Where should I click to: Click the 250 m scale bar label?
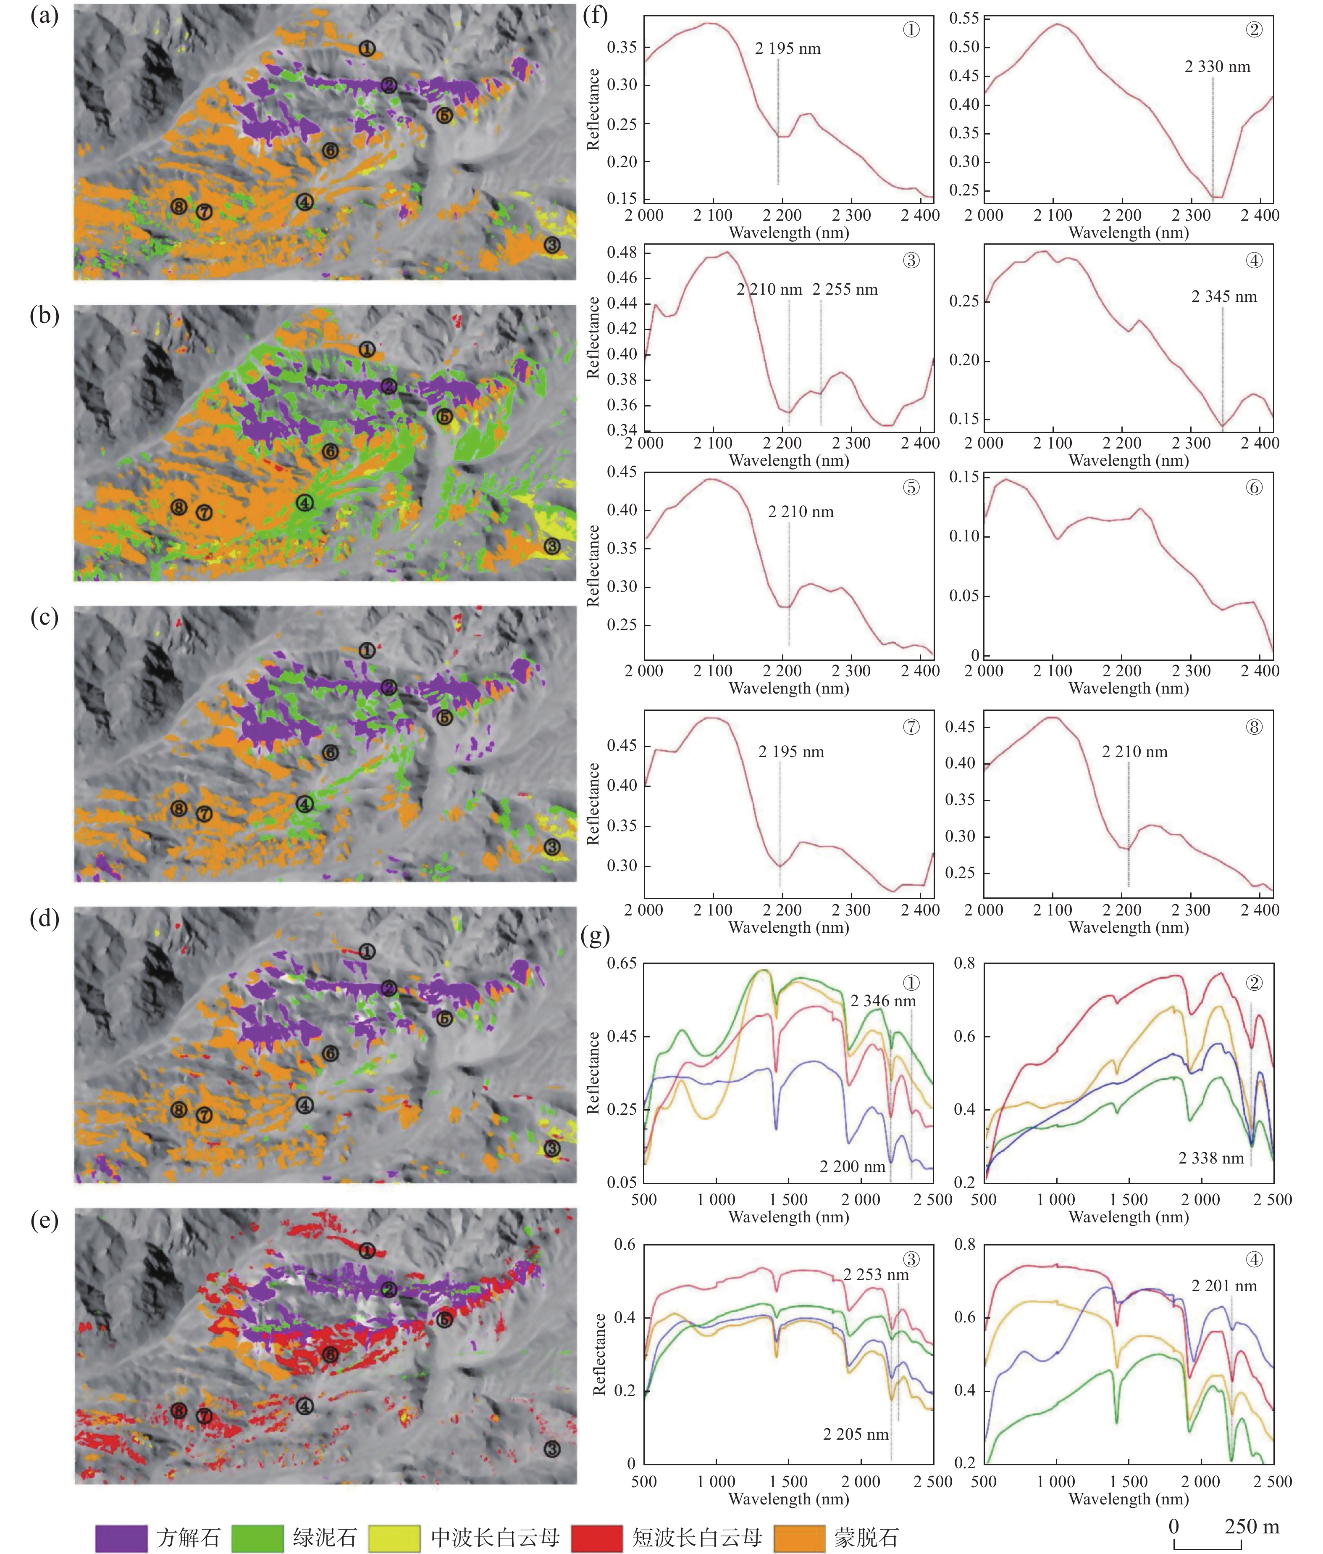point(1251,1526)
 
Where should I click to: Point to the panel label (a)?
point(44,16)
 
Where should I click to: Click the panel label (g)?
point(595,935)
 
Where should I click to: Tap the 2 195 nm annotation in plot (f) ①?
point(788,49)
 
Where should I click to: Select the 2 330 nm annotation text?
point(1217,67)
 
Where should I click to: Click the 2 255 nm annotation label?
point(845,290)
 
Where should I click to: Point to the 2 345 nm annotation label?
point(1224,297)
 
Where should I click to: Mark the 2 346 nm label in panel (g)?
point(883,1000)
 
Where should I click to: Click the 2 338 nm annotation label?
point(1211,1158)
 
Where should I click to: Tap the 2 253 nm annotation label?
point(876,1274)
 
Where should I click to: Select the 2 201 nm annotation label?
point(1224,1285)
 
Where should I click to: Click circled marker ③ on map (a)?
point(552,245)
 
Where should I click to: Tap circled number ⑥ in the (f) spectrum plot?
point(1254,488)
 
